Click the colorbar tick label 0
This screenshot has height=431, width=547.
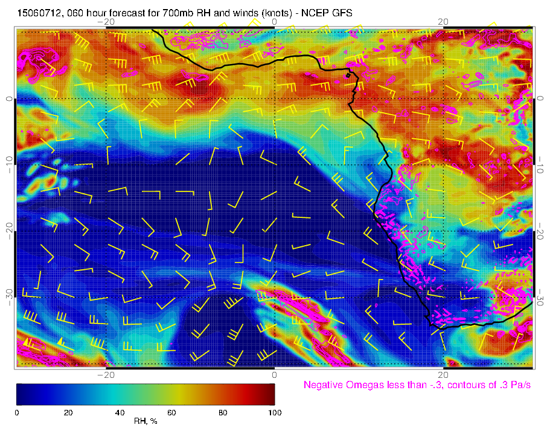point(17,412)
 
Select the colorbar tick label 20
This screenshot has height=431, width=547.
point(68,412)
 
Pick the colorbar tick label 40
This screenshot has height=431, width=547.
point(120,412)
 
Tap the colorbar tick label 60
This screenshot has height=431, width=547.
point(171,412)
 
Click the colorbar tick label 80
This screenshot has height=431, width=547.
point(223,412)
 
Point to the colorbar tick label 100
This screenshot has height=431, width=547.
point(274,412)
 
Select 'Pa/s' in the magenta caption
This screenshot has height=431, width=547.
point(520,385)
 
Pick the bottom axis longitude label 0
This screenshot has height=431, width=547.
point(274,375)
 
